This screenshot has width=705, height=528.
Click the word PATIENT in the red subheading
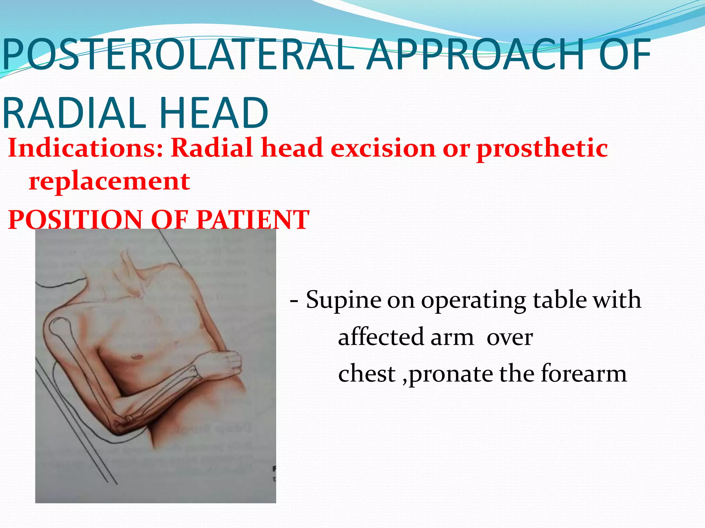253,220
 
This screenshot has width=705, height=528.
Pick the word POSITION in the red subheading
75,220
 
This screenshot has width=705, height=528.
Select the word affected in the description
381,338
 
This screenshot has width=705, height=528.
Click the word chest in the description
367,374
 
